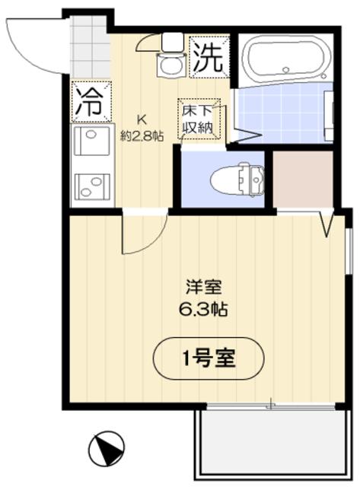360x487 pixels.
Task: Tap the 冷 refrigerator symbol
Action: (90, 101)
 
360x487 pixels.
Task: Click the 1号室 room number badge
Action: (209, 357)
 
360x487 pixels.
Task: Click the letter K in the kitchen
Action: (141, 119)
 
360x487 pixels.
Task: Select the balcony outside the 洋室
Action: (270, 444)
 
